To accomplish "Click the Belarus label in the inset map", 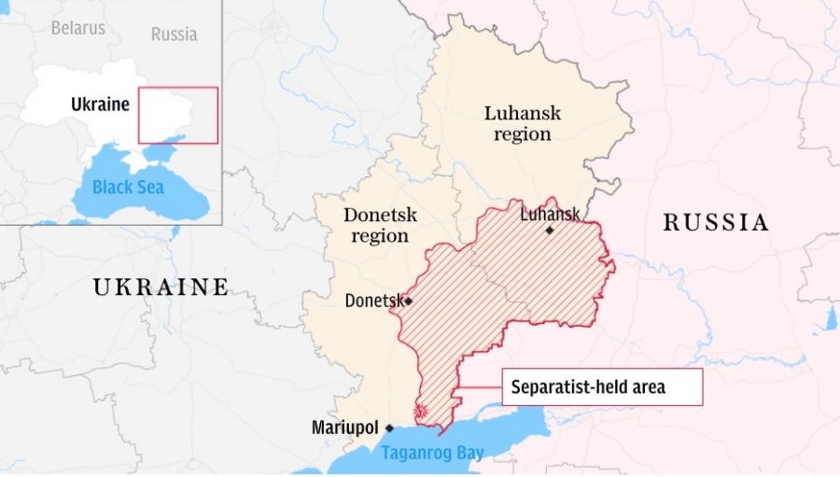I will (x=77, y=28).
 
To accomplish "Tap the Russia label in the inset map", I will (x=174, y=35).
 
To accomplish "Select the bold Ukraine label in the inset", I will (x=100, y=105).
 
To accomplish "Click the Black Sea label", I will (x=128, y=187).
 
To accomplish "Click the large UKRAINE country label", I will (x=161, y=287).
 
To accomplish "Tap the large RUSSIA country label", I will (x=716, y=222).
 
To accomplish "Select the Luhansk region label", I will (x=522, y=123).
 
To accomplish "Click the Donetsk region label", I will (x=380, y=225).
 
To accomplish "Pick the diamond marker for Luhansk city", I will (x=550, y=231).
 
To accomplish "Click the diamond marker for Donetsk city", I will (x=408, y=302).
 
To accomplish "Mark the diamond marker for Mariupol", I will (x=389, y=428).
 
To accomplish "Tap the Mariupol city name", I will (x=345, y=428).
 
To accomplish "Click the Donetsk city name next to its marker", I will (x=373, y=301).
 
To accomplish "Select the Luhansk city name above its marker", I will (x=549, y=215).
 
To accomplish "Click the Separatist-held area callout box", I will (x=602, y=387).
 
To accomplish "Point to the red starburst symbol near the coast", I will (x=421, y=412).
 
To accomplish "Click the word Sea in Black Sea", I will (x=147, y=187).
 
